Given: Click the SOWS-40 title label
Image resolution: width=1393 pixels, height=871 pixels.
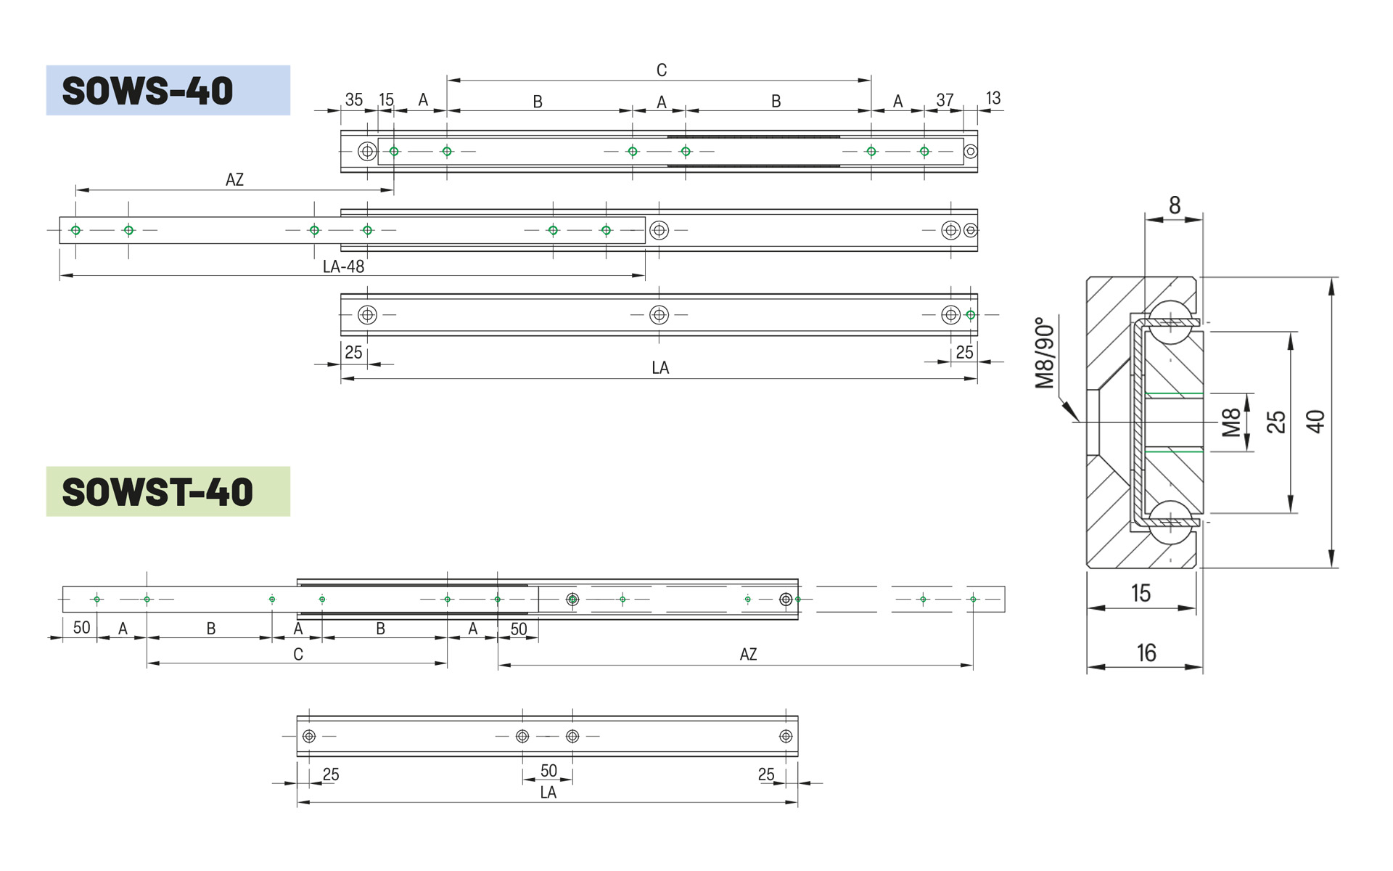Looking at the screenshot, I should [148, 91].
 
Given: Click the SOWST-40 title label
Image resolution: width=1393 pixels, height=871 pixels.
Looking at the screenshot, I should [157, 492].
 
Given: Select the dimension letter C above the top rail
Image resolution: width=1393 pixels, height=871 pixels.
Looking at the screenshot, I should [661, 70].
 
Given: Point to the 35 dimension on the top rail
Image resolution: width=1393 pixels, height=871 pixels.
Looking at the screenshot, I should [353, 100].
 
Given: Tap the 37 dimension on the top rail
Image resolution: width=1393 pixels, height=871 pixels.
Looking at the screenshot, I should [944, 100].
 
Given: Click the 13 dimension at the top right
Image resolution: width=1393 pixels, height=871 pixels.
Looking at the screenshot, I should [993, 98].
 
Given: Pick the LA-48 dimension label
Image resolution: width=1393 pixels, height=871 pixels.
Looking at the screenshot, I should [343, 266].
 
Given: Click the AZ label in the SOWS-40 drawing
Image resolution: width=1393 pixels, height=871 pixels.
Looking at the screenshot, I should [234, 179].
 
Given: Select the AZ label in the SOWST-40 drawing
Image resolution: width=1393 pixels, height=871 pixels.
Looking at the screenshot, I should [747, 654].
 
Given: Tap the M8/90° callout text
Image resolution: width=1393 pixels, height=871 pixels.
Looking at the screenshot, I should [1044, 353].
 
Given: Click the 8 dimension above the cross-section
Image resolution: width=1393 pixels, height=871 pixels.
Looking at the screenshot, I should [1174, 205].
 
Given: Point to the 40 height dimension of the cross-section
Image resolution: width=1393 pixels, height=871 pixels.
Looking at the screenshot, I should [1315, 421].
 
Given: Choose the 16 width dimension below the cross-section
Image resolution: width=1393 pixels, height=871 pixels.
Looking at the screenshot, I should [1146, 653].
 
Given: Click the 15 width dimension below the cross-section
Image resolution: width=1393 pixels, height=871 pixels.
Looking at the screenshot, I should [1141, 593].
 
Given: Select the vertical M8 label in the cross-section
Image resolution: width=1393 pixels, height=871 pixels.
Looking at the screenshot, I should [1230, 422].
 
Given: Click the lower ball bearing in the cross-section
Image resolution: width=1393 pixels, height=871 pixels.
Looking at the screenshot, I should [1170, 521].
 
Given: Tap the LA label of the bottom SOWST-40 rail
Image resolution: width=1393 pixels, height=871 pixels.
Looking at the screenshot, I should [548, 793].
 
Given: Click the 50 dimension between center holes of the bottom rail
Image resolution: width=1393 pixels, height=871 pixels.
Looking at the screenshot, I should [548, 770].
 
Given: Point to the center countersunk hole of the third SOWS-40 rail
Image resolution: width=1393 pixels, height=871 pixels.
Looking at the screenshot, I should [659, 315].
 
